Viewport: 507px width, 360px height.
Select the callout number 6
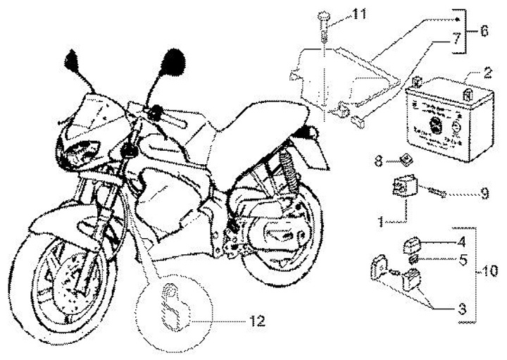pyautogui.click(x=484, y=32)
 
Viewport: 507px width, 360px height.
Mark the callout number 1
pyautogui.click(x=380, y=220)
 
